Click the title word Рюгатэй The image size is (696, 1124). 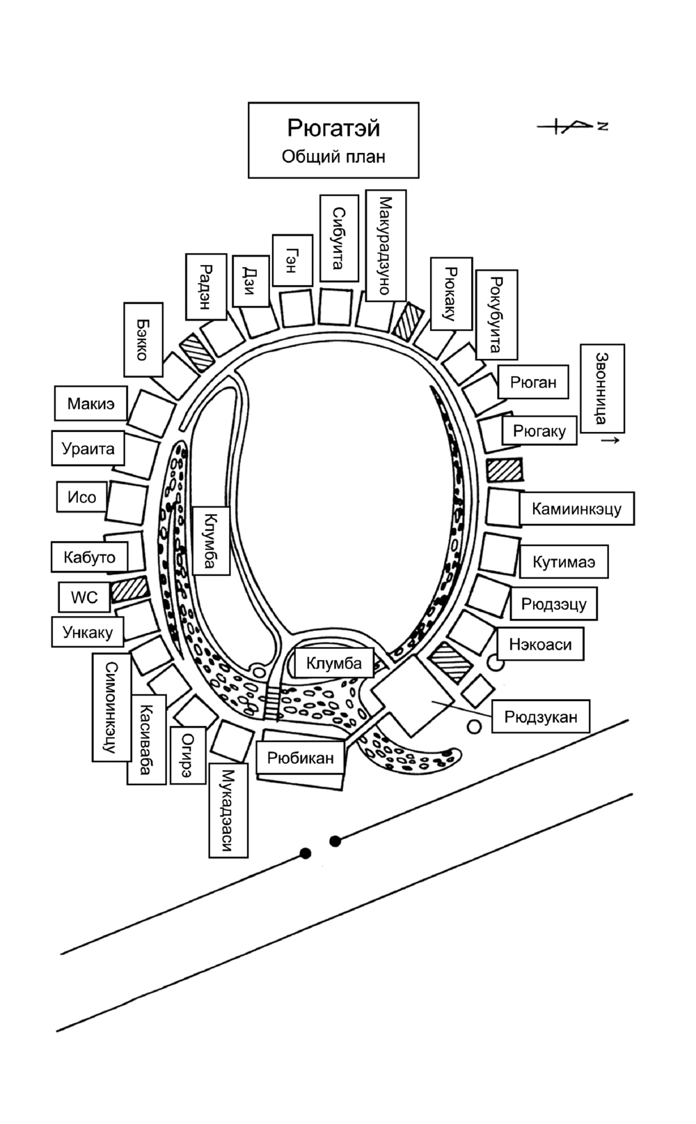coord(333,128)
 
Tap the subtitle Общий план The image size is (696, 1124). coord(333,156)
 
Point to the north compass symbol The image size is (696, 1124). coord(572,126)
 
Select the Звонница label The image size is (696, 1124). coord(603,388)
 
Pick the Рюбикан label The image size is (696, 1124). coord(300,757)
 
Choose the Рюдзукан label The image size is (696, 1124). coord(541,716)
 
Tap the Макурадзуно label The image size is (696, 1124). coord(385,245)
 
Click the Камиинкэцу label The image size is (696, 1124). coord(576,509)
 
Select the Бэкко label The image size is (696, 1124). coord(143,339)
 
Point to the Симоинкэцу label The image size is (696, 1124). coord(111,707)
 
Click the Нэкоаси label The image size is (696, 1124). coord(540,645)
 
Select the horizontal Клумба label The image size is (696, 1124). coord(334,663)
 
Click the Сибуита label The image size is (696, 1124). coord(339,238)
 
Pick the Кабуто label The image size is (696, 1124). coord(89,557)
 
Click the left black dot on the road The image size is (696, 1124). coord(305,853)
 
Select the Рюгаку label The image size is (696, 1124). coord(539,431)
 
